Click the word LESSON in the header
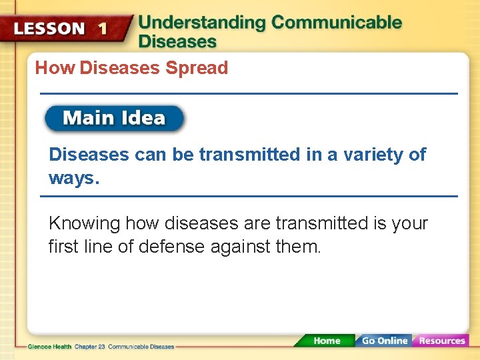(49, 29)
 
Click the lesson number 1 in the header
(102, 29)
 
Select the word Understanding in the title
(202, 22)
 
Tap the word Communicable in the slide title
(337, 22)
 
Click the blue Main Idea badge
(114, 119)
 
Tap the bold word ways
(73, 179)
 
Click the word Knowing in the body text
(84, 223)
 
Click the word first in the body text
(64, 247)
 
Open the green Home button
(326, 341)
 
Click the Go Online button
(384, 341)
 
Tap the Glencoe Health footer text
(50, 347)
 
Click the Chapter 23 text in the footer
(90, 347)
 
